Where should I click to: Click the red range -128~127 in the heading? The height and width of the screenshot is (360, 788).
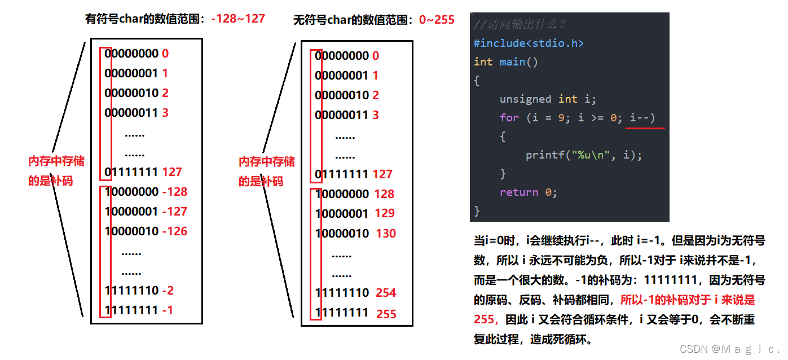pos(238,18)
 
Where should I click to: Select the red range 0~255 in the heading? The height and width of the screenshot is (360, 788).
pos(437,20)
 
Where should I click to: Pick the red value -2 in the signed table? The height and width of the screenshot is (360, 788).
pos(168,291)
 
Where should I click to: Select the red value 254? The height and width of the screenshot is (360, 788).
pos(386,293)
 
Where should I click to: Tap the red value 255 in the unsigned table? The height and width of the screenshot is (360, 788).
pos(386,314)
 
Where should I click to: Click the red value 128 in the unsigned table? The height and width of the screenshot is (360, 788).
pos(384,194)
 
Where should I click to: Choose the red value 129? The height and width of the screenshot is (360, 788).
pos(385,213)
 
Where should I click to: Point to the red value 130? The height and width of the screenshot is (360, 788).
pos(386,234)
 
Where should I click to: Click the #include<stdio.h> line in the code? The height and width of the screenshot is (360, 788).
pos(529,43)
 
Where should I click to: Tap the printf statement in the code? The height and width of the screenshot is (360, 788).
pos(583,155)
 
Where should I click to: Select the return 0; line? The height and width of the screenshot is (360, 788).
pos(528,192)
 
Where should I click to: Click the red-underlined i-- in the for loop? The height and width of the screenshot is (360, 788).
pos(642,118)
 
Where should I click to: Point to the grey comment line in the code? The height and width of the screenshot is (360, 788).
pos(520,25)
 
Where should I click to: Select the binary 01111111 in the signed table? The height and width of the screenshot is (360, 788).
pos(131,172)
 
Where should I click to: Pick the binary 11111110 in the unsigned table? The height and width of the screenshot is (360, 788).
pos(342,293)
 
